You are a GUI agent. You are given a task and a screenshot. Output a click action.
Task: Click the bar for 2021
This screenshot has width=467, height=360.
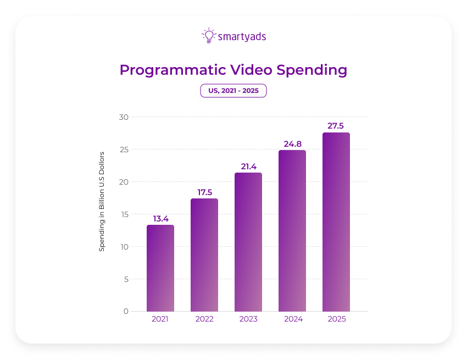tap(160, 268)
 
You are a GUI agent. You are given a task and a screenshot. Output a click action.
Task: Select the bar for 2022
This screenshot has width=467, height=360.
tap(204, 255)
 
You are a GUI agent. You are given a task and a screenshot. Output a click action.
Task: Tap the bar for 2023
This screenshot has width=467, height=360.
tap(248, 242)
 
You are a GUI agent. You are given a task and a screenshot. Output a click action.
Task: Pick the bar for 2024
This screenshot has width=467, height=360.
tap(292, 231)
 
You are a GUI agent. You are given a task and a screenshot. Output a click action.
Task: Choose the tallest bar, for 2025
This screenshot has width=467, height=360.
tap(336, 222)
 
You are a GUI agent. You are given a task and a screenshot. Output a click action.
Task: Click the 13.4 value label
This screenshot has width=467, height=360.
tap(160, 219)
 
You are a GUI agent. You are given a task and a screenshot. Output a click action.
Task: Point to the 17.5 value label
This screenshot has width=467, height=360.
tap(204, 192)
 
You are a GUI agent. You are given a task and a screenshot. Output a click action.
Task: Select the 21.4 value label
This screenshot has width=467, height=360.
tap(248, 167)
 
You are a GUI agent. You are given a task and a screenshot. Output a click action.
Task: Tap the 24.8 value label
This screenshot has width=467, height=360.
tap(292, 144)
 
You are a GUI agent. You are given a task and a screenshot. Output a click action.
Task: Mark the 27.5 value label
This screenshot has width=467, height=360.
tap(336, 126)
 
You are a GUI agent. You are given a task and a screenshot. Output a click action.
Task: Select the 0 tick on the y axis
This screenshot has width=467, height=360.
tap(126, 311)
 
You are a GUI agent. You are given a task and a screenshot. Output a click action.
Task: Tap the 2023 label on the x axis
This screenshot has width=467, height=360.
tap(248, 319)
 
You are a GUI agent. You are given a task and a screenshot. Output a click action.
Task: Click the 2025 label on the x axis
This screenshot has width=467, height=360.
tap(336, 319)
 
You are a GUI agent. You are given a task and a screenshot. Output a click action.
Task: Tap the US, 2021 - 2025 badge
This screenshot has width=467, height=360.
tap(233, 91)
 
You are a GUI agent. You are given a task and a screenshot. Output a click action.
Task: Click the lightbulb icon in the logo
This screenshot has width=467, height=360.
tap(209, 36)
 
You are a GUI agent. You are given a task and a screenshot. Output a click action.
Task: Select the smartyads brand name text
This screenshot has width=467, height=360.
tap(242, 37)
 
